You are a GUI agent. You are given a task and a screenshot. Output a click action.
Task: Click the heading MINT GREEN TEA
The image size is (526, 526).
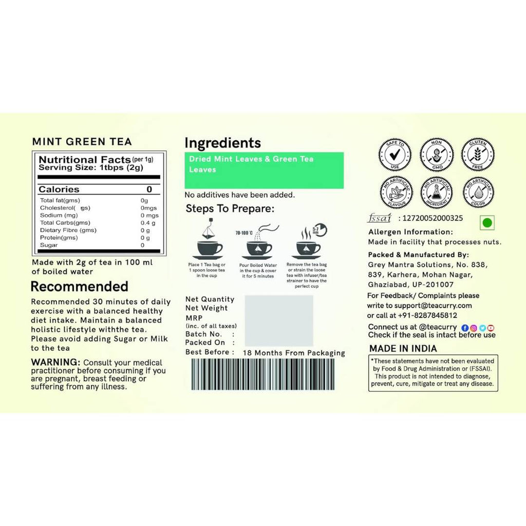tap(82, 141)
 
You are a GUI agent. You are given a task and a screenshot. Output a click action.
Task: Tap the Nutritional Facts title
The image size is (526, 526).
tap(85, 160)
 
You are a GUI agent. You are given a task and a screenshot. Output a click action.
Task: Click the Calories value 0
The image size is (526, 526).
tap(149, 190)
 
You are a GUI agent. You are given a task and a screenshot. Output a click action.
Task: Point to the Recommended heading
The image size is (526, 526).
tap(79, 286)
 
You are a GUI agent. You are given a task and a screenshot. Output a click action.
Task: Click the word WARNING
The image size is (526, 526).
tap(55, 362)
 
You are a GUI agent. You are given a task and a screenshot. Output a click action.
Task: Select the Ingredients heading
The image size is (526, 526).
tap(222, 143)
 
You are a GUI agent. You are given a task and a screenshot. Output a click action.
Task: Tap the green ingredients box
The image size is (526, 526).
tap(264, 170)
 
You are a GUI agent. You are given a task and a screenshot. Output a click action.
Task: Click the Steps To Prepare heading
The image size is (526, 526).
tap(230, 209)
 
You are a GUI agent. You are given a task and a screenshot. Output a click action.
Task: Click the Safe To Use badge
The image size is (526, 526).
tap(395, 155)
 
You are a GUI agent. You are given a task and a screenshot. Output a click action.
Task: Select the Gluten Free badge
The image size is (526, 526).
tap(478, 155)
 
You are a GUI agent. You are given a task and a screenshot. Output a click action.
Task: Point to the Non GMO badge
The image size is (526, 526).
tap(437, 155)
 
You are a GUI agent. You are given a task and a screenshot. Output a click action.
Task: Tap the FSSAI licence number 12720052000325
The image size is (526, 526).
tap(430, 218)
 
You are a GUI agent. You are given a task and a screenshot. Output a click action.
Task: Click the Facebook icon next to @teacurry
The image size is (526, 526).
tap(465, 328)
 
